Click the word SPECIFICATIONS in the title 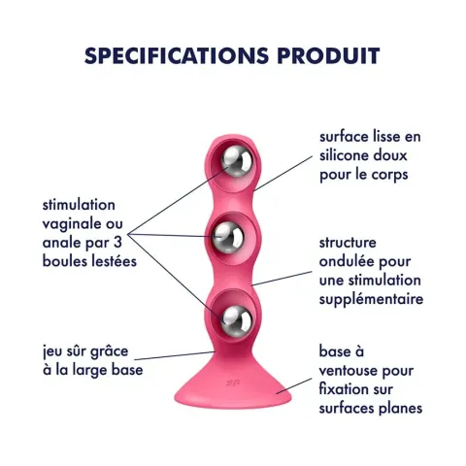pyautogui.click(x=177, y=55)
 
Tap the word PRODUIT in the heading pyautogui.click(x=328, y=55)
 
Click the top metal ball pyautogui.click(x=237, y=161)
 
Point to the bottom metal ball pyautogui.click(x=237, y=321)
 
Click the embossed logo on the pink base pyautogui.click(x=233, y=383)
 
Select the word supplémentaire pyautogui.click(x=371, y=300)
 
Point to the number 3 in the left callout pyautogui.click(x=117, y=243)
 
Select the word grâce pyautogui.click(x=109, y=351)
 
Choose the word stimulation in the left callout pyautogui.click(x=79, y=205)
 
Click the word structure pyautogui.click(x=348, y=243)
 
